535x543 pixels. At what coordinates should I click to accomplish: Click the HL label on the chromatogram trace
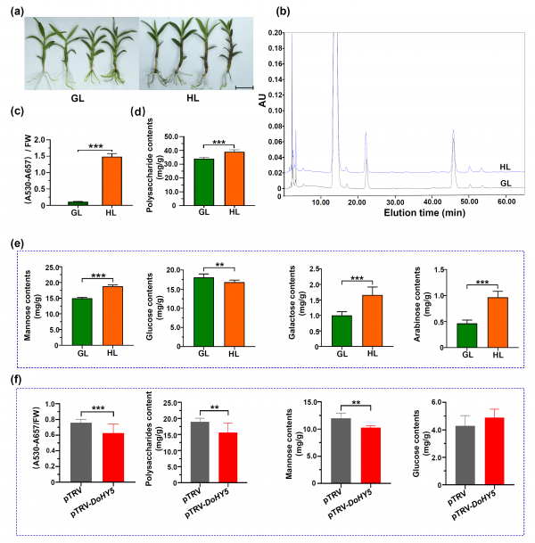[505, 167]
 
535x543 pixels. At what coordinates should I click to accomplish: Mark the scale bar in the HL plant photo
[243, 87]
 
